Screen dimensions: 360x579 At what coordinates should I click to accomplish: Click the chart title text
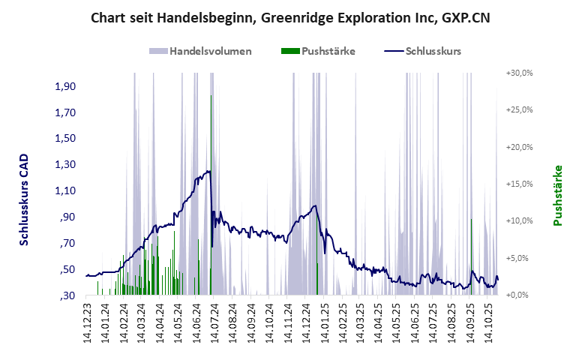coord(289,17)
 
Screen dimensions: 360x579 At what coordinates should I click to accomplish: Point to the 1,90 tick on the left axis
coord(66,86)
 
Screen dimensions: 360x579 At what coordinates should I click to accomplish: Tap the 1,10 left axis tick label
coord(66,190)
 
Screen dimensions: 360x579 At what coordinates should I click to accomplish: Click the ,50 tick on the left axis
coord(67,269)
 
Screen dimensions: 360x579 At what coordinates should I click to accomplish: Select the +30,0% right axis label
coord(518,73)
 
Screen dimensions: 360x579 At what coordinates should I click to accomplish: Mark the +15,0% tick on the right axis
coord(518,184)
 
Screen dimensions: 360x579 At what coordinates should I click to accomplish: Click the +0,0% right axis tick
coord(520,295)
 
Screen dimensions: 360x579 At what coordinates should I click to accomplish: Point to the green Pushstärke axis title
coord(557,195)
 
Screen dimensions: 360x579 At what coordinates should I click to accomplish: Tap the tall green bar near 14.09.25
coord(471,255)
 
